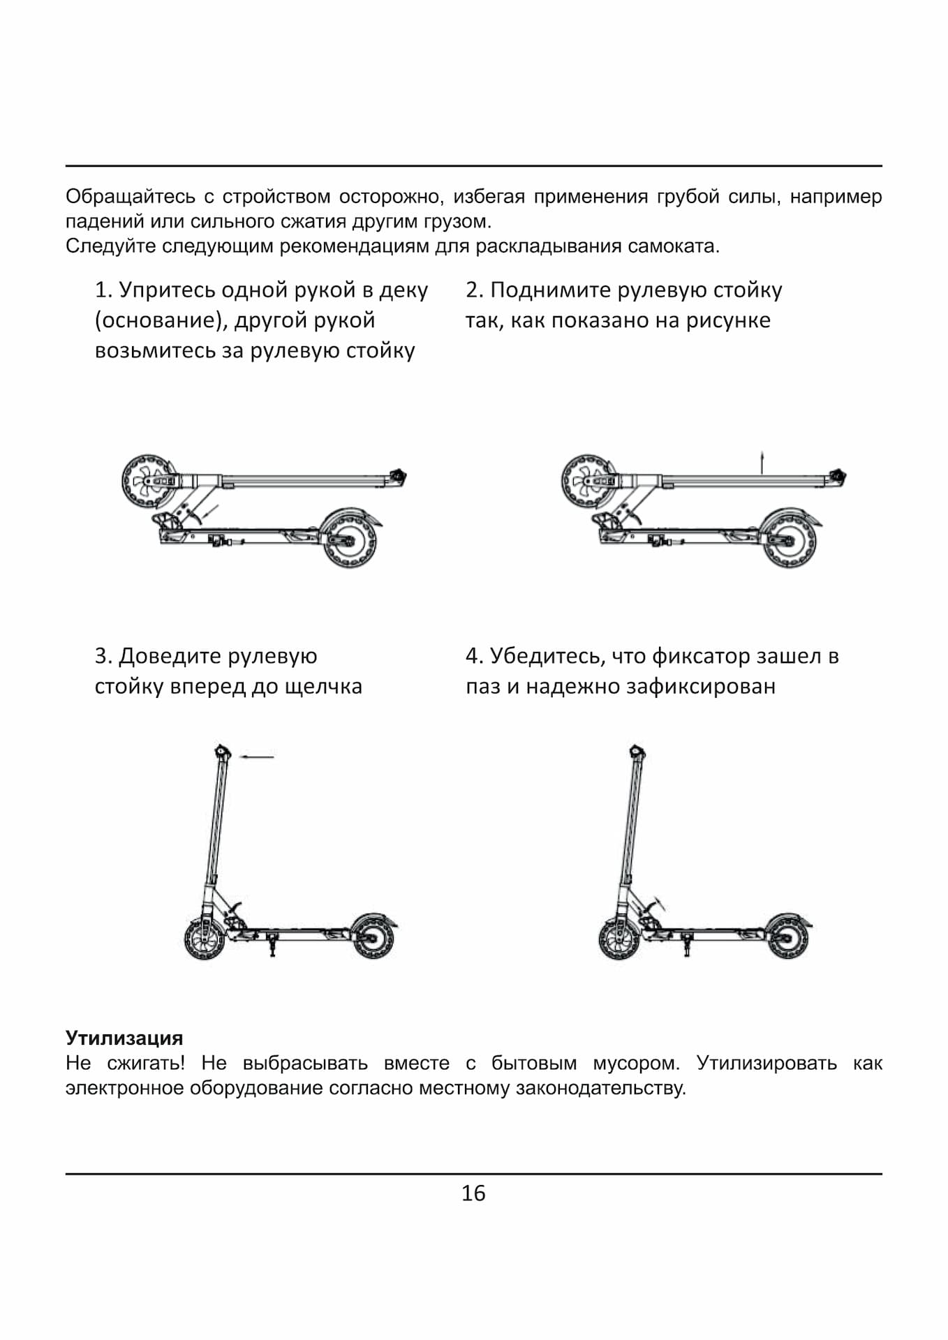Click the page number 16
(x=473, y=1193)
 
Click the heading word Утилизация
(x=124, y=1038)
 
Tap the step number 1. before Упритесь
(x=103, y=290)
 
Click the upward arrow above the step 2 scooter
(x=762, y=461)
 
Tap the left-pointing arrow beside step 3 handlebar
(x=257, y=756)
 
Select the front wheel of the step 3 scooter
(x=205, y=939)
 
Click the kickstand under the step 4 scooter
(x=687, y=946)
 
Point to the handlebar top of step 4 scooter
(x=637, y=752)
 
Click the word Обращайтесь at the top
(x=130, y=197)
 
